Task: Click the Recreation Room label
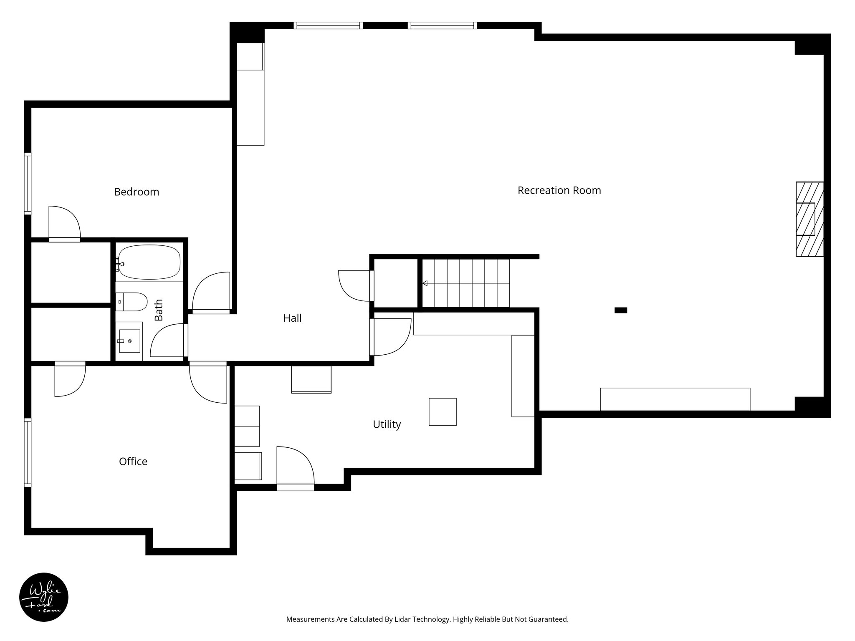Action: coord(559,190)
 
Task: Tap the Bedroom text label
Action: coord(137,192)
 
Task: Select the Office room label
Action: coord(133,461)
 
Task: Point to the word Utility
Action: coord(387,424)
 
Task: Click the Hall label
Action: coord(292,318)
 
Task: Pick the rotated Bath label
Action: coord(159,310)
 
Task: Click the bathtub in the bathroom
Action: coord(149,262)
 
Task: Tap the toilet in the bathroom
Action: coord(133,302)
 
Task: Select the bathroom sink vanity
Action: coord(129,341)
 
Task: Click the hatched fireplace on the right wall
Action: coord(809,219)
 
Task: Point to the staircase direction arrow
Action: coord(425,283)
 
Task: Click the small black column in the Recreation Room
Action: coord(620,310)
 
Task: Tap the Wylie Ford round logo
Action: coord(44,597)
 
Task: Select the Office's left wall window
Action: coord(28,453)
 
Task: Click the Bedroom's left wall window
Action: coord(28,184)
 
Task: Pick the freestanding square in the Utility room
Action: coord(443,412)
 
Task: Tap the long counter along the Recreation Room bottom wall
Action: coord(675,399)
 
